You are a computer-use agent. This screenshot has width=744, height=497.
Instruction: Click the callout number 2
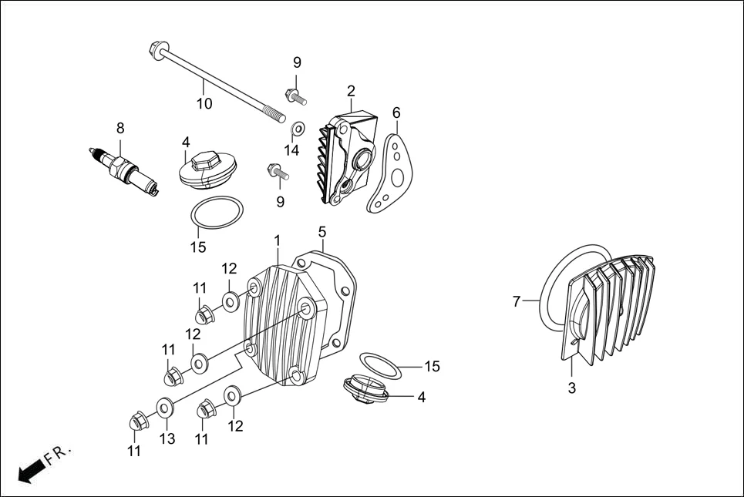coord(351,92)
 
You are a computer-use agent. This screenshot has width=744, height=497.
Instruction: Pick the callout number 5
coord(322,231)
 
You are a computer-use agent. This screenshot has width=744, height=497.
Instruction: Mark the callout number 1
coord(277,241)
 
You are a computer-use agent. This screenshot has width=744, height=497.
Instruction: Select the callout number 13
coord(167,438)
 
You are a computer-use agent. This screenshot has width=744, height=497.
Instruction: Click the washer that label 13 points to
coord(164,407)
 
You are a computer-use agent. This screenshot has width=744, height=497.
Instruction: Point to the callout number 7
coord(517,301)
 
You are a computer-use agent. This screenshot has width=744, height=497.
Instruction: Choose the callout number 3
coord(571,388)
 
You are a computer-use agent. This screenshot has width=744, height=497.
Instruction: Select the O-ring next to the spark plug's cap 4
coord(217,213)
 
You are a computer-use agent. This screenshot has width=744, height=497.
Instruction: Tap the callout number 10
coord(204,103)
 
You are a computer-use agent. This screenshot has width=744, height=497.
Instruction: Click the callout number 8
coord(120,128)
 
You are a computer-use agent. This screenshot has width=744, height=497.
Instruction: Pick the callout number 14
coord(291,150)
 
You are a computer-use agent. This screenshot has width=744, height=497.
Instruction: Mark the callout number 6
coord(396,113)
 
